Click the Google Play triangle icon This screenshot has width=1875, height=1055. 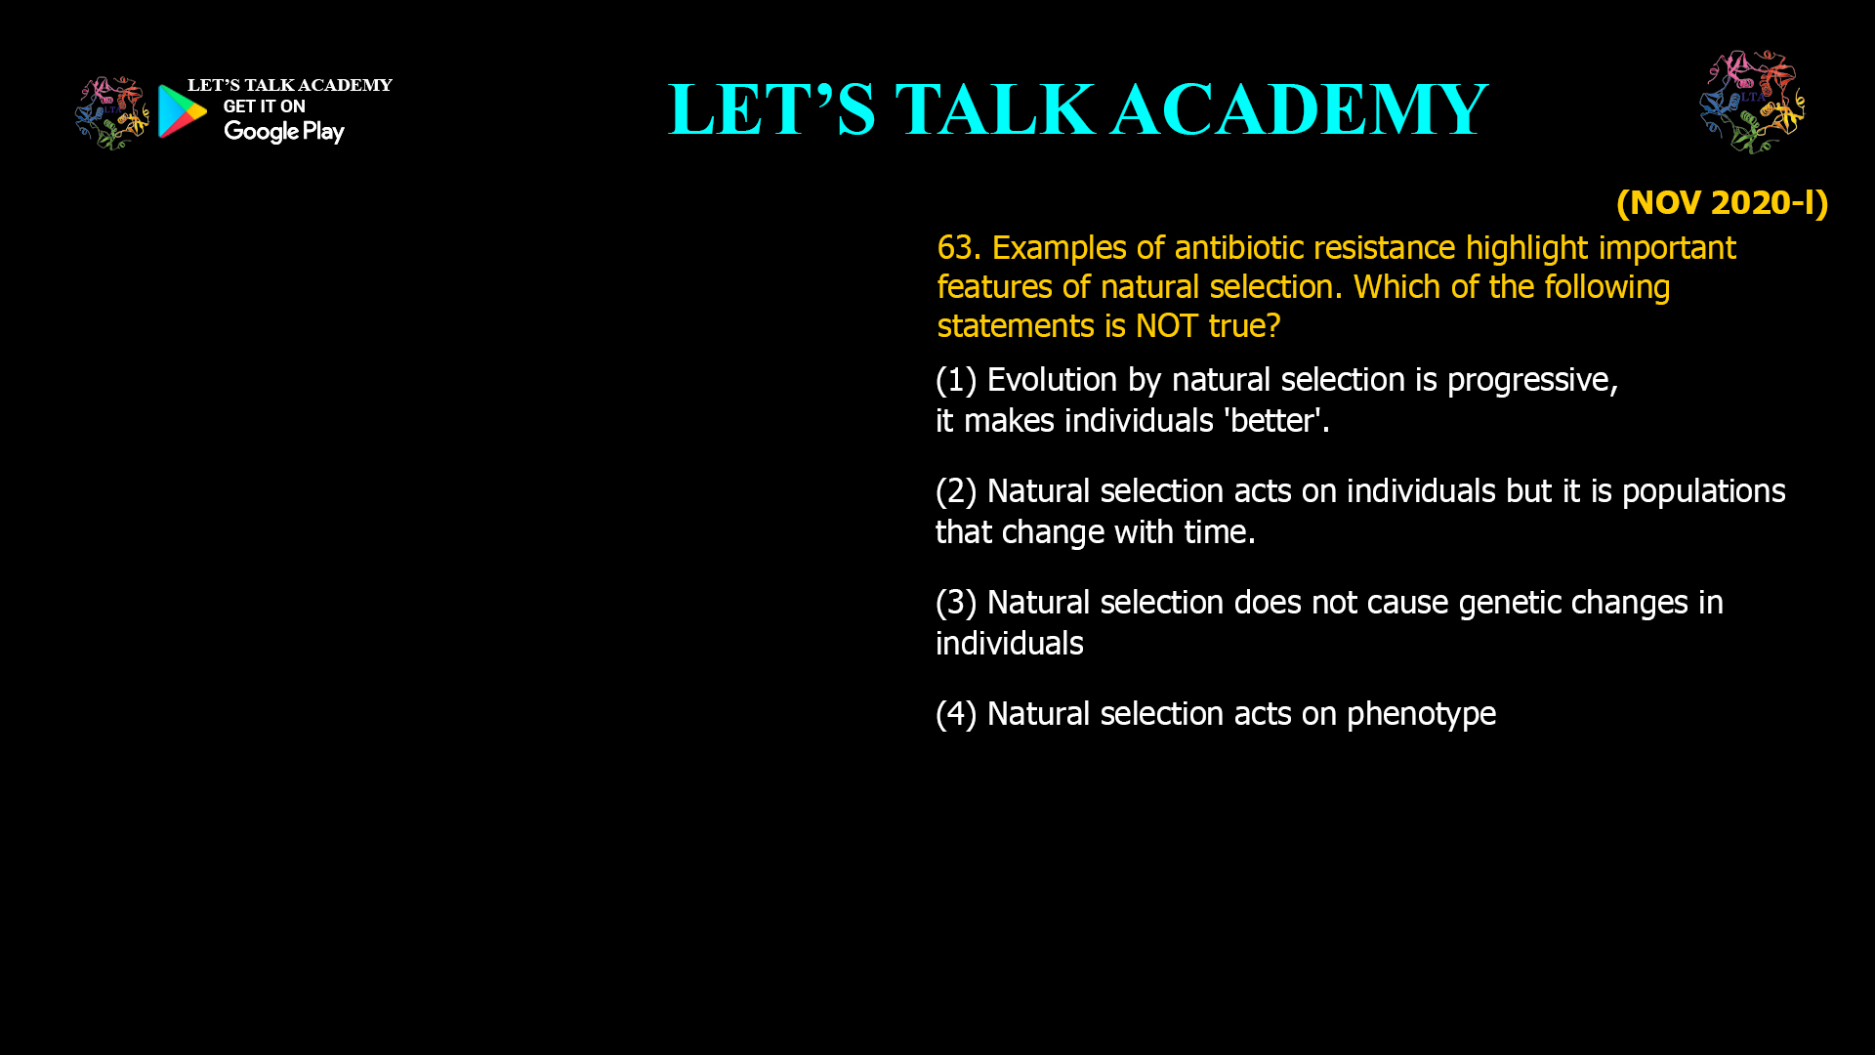[x=182, y=111]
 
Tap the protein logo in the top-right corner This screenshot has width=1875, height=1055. [x=1752, y=102]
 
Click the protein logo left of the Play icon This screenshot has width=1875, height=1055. [x=112, y=113]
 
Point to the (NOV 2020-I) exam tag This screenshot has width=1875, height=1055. [x=1722, y=203]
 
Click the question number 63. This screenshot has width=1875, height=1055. [x=958, y=248]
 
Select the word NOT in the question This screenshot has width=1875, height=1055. [x=1166, y=326]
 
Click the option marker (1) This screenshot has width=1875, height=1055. [x=956, y=380]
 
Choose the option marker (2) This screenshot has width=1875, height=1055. [x=956, y=491]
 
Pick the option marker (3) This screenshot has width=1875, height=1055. [x=956, y=603]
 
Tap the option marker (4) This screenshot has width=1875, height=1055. [x=956, y=714]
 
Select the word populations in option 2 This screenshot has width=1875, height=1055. [x=1704, y=492]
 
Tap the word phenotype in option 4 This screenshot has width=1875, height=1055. [x=1421, y=715]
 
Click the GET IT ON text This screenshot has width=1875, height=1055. [x=264, y=106]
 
